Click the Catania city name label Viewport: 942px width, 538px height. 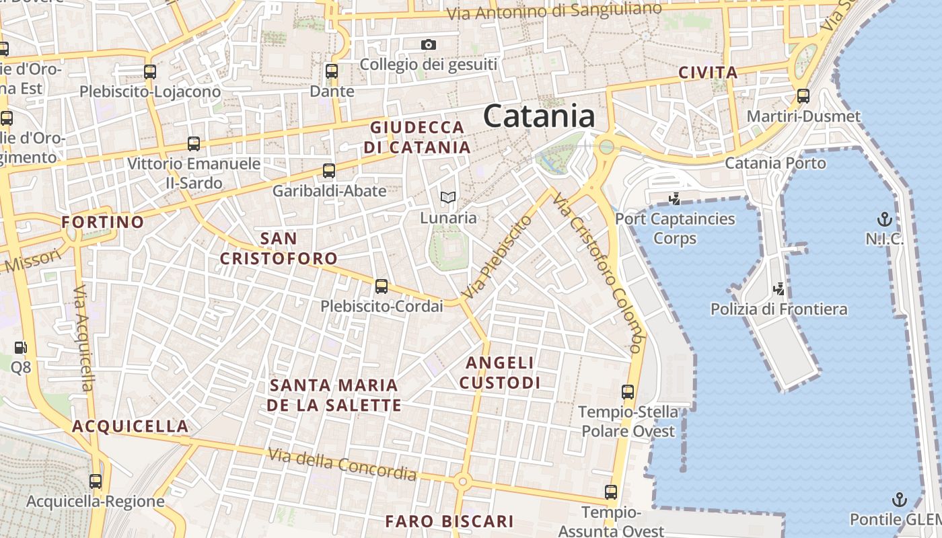pos(539,116)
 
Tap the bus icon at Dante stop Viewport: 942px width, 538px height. pos(331,71)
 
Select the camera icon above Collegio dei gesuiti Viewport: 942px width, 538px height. pos(429,45)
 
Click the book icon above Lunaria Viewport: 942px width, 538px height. pos(448,198)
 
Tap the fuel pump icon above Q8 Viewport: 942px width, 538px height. pos(21,348)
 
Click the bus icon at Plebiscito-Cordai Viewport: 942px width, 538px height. pos(382,286)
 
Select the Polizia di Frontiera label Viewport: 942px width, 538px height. pos(779,309)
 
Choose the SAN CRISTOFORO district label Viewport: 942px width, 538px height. pos(279,248)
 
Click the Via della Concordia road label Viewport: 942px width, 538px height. pos(342,464)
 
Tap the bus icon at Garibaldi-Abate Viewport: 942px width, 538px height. pos(329,171)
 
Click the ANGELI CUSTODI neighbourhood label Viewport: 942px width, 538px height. pos(504,373)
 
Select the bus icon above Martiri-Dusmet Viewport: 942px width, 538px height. pos(803,96)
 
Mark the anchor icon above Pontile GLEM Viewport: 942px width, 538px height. pos(899,500)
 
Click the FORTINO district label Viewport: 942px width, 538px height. pos(103,222)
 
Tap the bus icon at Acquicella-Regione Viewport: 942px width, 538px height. pos(96,482)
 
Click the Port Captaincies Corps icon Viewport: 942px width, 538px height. pos(674,198)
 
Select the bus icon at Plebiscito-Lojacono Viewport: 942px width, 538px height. pos(150,72)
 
